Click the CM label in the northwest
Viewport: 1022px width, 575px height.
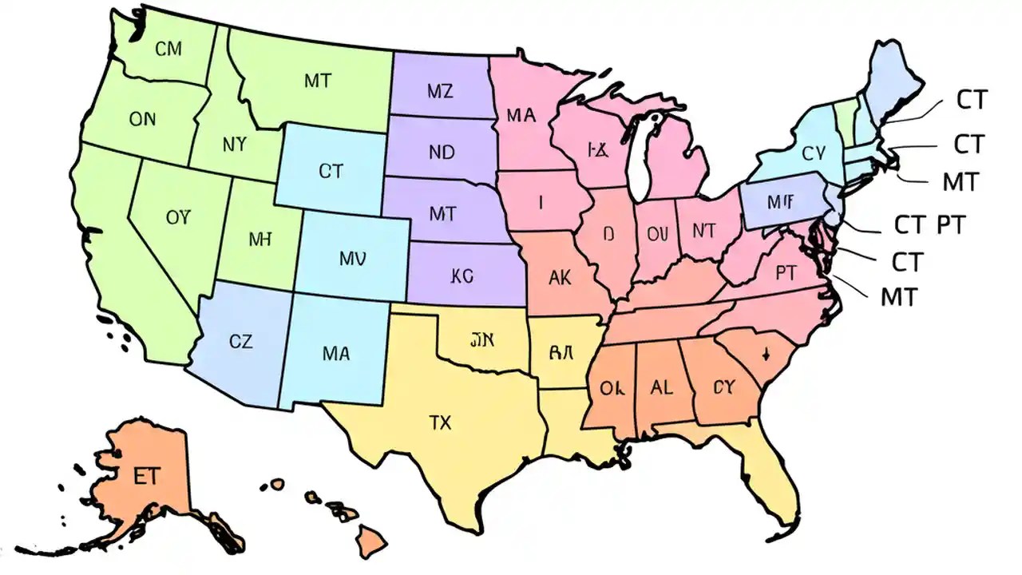[x=168, y=50]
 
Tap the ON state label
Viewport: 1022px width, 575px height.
[x=142, y=120]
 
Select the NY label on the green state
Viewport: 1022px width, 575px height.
[x=234, y=145]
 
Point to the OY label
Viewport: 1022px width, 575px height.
[x=179, y=216]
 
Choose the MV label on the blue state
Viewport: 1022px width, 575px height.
[x=352, y=258]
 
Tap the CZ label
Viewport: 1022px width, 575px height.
[x=240, y=342]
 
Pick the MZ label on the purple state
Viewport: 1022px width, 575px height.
[x=439, y=91]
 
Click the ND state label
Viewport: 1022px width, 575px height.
[x=442, y=151]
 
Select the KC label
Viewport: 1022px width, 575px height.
[x=461, y=276]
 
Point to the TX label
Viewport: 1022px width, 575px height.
[x=440, y=422]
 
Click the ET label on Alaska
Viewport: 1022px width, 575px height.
[x=147, y=476]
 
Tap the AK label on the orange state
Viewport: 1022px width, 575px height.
[x=561, y=277]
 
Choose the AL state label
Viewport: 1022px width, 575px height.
[x=661, y=388]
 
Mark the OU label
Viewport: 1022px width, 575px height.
[x=656, y=233]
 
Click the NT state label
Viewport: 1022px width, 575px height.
[x=704, y=231]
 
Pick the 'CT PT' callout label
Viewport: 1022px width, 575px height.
[x=929, y=225]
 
